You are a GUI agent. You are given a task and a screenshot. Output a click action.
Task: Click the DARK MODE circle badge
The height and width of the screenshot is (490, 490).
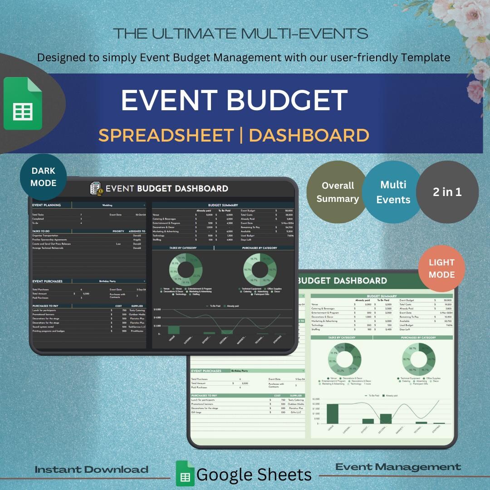44,177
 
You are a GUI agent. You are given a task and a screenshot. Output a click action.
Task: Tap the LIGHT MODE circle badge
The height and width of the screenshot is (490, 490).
441,269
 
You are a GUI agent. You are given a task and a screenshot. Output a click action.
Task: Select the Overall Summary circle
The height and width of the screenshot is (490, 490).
338,192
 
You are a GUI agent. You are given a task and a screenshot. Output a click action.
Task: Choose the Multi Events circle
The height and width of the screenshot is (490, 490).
393,192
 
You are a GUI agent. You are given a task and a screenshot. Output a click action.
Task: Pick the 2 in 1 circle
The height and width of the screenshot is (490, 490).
447,192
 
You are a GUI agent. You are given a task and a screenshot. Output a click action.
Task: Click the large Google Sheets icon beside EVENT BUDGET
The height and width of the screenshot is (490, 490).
23,104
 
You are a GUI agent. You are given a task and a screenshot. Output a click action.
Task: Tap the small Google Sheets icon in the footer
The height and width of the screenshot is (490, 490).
185,474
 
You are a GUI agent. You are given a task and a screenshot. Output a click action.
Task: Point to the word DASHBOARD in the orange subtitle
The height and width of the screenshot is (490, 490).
309,135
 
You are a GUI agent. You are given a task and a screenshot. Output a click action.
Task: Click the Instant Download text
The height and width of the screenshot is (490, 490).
92,470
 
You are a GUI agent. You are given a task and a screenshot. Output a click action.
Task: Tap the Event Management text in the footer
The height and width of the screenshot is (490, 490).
398,467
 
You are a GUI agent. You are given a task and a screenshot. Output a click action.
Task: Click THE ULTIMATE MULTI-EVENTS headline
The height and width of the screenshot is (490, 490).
240,34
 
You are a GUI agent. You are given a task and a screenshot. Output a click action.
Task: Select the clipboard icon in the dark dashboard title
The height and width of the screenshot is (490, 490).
96,188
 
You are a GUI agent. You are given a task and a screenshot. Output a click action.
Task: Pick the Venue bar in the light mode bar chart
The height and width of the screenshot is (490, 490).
333,413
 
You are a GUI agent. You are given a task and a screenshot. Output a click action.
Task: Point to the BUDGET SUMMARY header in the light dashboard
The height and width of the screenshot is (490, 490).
382,296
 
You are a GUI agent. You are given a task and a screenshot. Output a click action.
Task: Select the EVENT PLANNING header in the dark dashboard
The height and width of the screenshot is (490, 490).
47,205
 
